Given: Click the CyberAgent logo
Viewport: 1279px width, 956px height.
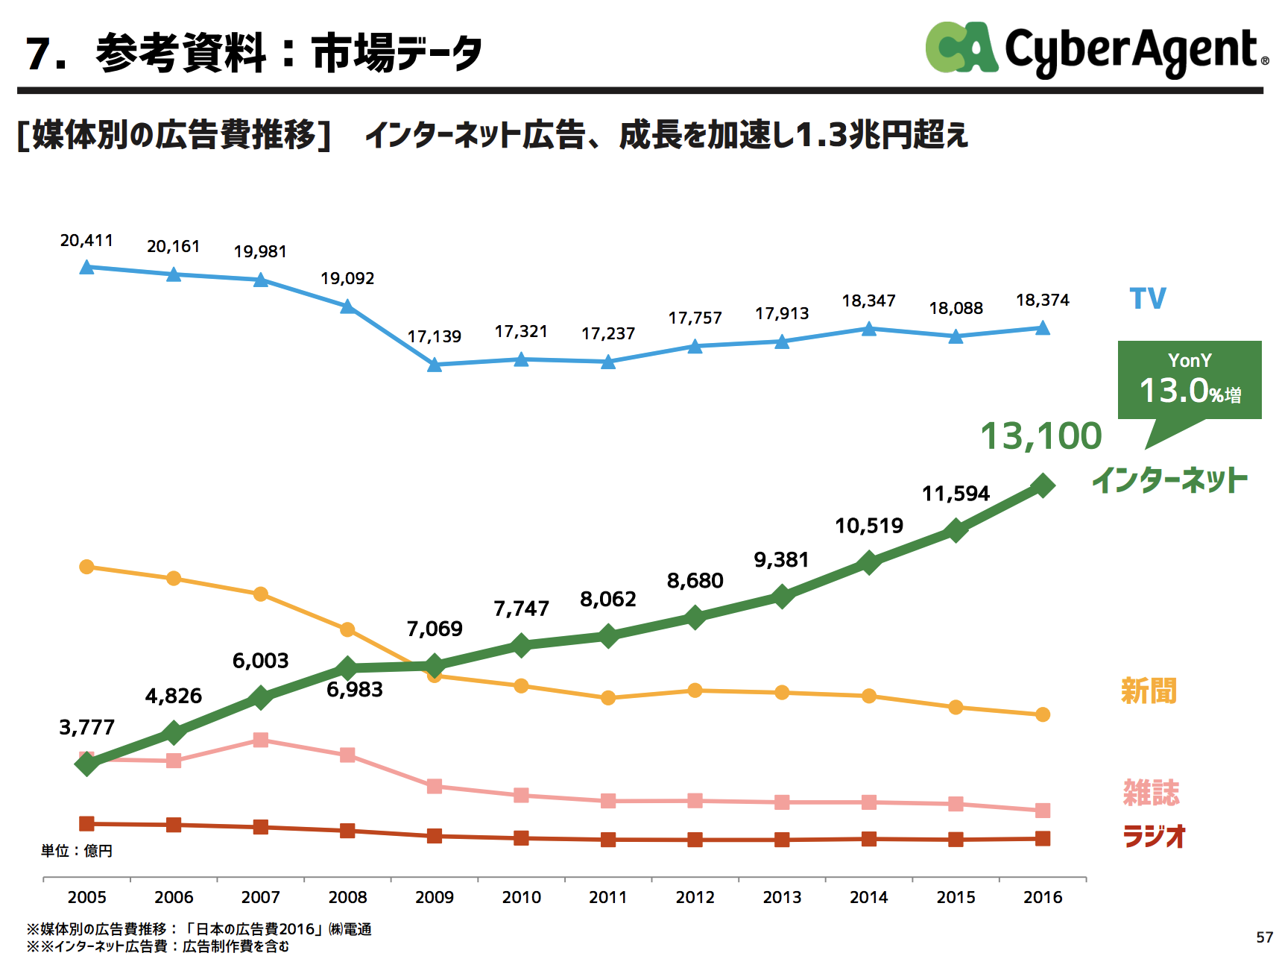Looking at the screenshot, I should [1096, 49].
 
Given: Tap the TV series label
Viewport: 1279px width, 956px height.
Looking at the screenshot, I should [1148, 299].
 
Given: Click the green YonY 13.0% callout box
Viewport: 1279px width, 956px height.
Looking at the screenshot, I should [1190, 380].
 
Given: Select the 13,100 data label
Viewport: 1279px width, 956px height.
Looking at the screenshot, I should [1040, 436].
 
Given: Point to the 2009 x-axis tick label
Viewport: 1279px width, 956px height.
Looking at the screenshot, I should [435, 897].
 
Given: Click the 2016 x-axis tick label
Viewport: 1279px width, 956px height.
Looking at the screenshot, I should [1043, 897].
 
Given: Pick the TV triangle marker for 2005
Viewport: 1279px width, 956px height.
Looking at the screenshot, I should [86, 267].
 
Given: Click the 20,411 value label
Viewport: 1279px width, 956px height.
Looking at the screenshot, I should [86, 241].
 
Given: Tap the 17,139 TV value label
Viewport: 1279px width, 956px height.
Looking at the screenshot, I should [435, 337].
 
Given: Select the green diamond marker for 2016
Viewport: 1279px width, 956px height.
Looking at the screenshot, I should [1043, 485].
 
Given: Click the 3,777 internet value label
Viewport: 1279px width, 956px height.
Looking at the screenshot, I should [86, 727].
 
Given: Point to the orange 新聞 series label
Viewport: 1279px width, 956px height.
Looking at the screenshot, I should [1149, 691].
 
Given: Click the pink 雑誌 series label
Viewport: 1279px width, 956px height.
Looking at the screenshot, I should [1151, 792].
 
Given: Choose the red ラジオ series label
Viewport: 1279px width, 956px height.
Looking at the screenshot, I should [1154, 836].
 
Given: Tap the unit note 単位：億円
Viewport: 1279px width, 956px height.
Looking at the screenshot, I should [77, 851].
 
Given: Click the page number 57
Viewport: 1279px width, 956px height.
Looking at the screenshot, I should [1264, 937].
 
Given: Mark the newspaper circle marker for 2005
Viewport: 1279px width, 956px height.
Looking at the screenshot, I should [86, 567].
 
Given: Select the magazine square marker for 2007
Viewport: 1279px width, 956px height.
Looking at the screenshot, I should [261, 740].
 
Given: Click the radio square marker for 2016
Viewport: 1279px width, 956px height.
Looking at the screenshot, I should [1043, 839].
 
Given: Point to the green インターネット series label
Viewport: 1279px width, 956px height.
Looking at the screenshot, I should [1169, 480].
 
